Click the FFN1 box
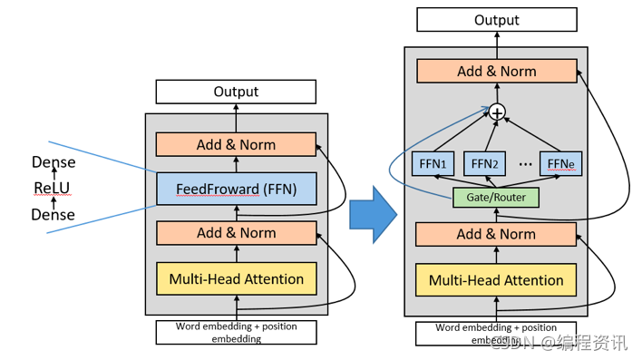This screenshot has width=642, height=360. point(433,164)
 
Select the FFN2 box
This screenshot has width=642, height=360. point(484,164)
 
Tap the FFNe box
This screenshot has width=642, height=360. point(560,164)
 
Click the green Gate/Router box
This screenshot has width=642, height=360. point(496,198)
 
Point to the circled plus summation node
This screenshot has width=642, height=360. point(497,112)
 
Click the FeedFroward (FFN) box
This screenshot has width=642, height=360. point(237,189)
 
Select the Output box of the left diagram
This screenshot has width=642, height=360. point(236,92)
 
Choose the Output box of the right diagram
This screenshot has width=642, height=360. point(497,20)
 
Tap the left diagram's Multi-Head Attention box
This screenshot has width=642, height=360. point(237,279)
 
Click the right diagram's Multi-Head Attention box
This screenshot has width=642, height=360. point(496,280)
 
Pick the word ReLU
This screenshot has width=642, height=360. point(52,188)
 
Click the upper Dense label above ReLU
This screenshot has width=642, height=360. point(53,162)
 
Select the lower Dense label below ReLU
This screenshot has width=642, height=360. point(53,215)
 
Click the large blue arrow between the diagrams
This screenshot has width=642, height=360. point(373,215)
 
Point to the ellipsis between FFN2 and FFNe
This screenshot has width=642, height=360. point(525,165)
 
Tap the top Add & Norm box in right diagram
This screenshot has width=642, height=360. point(497,72)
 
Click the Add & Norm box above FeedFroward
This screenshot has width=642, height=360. point(236,144)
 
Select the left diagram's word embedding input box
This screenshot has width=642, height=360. point(237,332)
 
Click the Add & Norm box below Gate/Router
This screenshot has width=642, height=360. point(496,234)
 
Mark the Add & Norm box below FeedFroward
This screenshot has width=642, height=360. point(237,233)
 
